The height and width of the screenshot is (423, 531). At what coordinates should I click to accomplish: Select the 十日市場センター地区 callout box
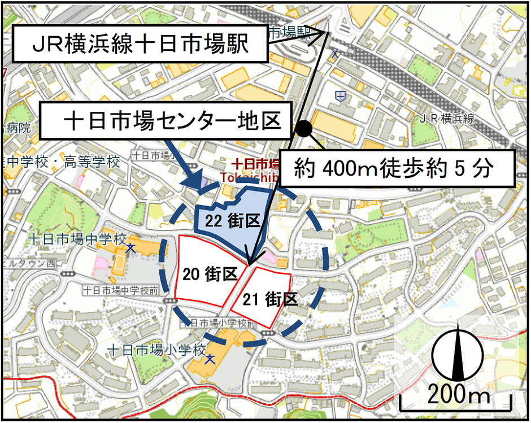169,120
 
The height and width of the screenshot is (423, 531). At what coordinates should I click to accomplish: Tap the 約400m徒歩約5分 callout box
398,168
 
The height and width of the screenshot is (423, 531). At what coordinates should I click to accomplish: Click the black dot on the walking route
304,129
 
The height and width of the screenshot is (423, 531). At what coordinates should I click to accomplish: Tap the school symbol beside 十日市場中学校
130,248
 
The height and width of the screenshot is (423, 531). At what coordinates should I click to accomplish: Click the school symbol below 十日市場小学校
211,359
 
